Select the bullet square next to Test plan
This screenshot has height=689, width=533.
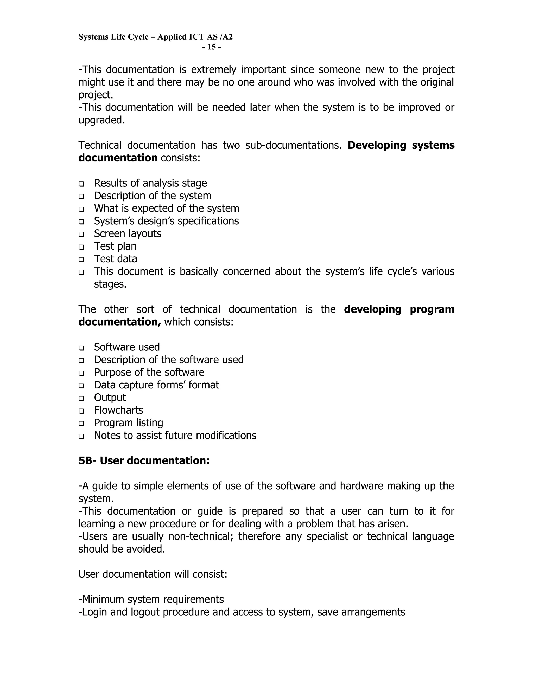[x=82, y=247]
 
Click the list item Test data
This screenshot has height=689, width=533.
[x=116, y=259]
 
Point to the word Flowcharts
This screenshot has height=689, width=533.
[x=119, y=410]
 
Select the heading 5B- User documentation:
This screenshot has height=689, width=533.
[x=144, y=461]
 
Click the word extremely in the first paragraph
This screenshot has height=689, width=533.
[x=213, y=69]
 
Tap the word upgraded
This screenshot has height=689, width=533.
[x=102, y=120]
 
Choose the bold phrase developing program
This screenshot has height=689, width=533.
[x=399, y=309]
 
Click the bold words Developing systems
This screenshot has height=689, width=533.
[x=401, y=145]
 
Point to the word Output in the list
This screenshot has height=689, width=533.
[x=110, y=398]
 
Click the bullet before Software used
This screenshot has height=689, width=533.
[x=82, y=348]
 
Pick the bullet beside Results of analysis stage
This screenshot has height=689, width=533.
[x=82, y=184]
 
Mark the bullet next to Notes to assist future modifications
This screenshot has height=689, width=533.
[x=82, y=436]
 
